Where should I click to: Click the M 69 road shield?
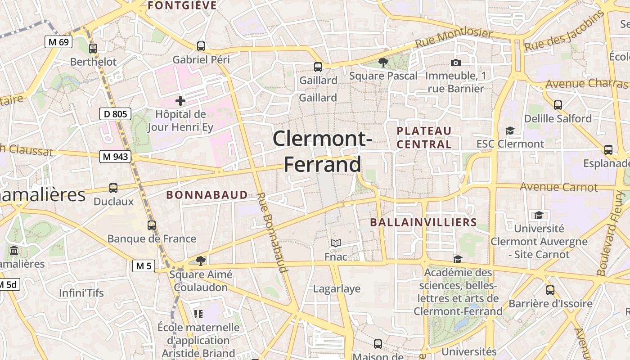coord(58,42)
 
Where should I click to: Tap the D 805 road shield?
coord(115,114)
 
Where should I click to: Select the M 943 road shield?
coord(116,157)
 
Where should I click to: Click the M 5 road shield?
coord(144,266)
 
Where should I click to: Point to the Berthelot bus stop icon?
coord(93,48)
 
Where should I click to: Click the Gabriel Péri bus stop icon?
coord(201,46)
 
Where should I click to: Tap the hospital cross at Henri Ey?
coord(180,101)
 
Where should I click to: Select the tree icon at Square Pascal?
coord(383,63)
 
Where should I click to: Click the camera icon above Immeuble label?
coord(456,63)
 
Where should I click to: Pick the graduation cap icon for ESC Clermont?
coord(510,130)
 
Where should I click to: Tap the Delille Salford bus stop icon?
coord(558,105)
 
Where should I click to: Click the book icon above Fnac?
coord(336,243)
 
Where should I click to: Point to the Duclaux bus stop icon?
coord(113,188)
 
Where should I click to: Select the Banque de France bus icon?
coord(152,225)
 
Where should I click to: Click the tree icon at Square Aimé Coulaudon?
coord(201,261)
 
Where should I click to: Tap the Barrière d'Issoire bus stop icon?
coord(550,290)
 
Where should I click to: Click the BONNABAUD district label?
coord(207,195)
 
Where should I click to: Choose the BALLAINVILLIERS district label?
coord(423,222)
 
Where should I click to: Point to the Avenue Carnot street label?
coord(559,187)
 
